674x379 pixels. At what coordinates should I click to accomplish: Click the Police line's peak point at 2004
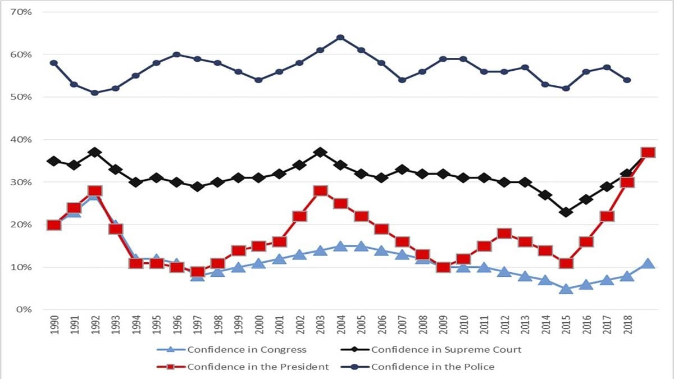point(340,38)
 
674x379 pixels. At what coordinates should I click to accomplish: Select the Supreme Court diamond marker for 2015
point(566,212)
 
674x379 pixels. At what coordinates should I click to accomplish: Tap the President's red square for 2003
point(320,191)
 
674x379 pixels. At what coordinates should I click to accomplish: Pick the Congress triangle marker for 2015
point(566,289)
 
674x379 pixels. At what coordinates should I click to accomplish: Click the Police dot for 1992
point(95,93)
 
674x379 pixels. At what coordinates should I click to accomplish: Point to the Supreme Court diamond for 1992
point(95,152)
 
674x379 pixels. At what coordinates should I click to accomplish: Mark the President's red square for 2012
point(504,234)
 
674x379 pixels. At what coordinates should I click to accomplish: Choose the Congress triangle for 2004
point(340,246)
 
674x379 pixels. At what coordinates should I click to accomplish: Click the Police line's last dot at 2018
point(627,80)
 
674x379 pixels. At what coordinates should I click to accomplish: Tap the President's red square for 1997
point(197,272)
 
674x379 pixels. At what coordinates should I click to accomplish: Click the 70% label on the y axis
point(21,12)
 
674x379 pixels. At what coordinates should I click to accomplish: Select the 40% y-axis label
point(21,139)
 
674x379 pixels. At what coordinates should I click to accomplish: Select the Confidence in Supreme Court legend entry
point(446,350)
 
